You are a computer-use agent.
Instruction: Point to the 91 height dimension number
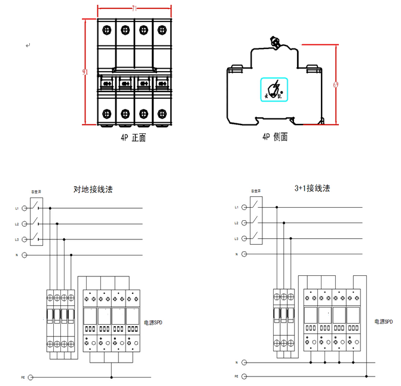[85, 72]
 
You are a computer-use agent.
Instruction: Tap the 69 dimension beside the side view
[335, 84]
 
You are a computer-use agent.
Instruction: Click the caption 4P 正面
[133, 137]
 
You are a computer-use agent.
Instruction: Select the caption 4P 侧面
[275, 137]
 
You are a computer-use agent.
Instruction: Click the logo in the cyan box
[274, 90]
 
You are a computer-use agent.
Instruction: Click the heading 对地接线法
[93, 189]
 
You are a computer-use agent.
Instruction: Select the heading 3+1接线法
[312, 188]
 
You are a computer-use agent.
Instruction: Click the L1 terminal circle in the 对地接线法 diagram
[25, 208]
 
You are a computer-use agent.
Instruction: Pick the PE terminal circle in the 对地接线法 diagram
[30, 378]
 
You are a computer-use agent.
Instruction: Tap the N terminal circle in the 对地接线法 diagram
[25, 255]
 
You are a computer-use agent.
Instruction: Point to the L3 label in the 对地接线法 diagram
[17, 239]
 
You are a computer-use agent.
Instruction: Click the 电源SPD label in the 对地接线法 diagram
[153, 323]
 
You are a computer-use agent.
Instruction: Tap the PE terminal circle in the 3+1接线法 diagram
[245, 376]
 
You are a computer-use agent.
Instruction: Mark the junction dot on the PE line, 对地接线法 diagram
[111, 378]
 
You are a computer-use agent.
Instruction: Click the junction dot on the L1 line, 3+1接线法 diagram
[277, 207]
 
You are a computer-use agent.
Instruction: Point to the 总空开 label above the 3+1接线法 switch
[256, 192]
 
